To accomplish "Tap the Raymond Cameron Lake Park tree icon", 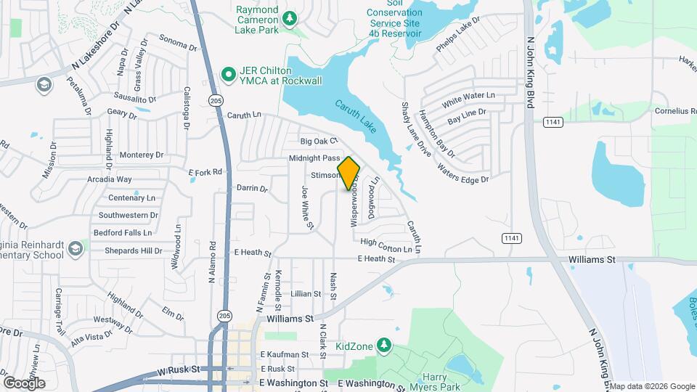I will tap(290, 17).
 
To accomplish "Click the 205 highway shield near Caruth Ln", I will tap(214, 99).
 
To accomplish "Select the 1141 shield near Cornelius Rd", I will tap(554, 121).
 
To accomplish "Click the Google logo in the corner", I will tap(24, 383).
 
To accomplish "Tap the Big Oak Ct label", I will tap(319, 141).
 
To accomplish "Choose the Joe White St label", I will tap(307, 207).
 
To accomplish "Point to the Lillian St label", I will tap(306, 293).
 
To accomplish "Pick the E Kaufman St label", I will tap(285, 354).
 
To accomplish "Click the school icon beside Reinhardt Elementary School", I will tap(75, 250).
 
